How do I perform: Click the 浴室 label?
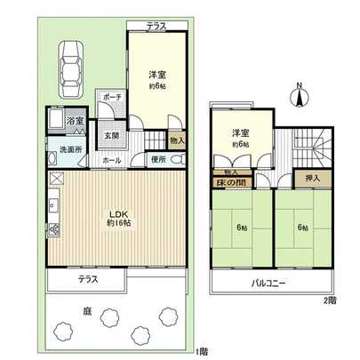pos(76,120)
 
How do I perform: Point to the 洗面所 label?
pos(60,148)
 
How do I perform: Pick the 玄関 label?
pos(111,136)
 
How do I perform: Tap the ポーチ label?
pos(111,96)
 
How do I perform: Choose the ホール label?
pos(111,160)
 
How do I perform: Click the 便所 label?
pos(158,160)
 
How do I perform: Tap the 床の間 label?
pos(233,182)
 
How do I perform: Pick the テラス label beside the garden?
pos(87,279)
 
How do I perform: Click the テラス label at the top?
pos(158,27)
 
